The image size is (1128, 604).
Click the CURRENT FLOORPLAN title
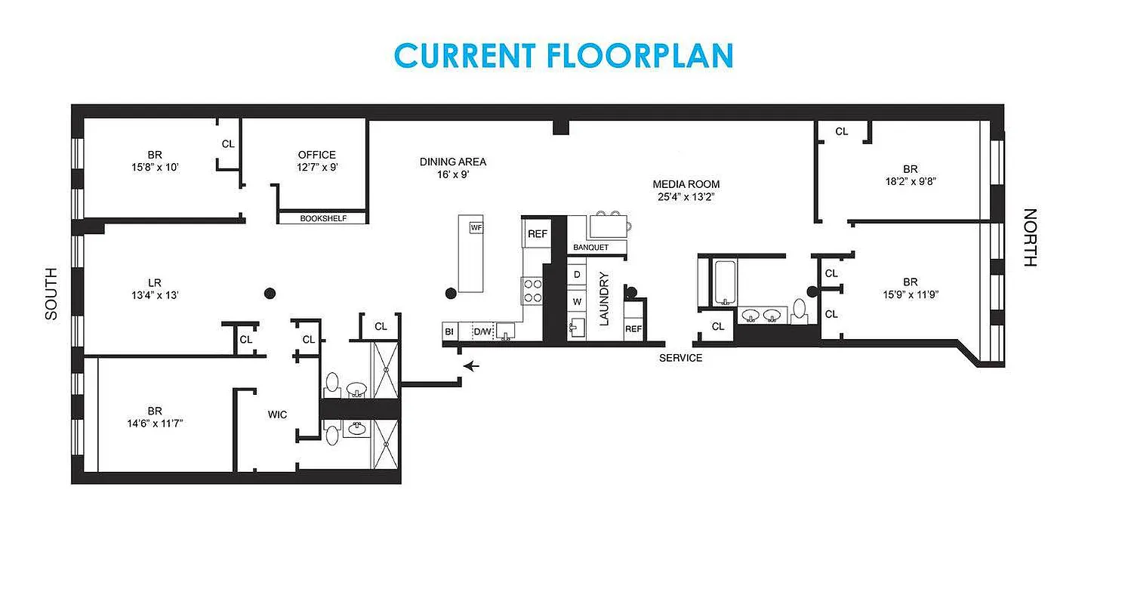click(563, 56)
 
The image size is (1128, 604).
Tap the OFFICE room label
click(316, 155)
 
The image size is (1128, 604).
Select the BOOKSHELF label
click(323, 218)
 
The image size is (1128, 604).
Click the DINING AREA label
click(453, 162)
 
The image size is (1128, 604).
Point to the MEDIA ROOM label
click(686, 184)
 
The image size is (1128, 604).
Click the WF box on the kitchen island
click(476, 227)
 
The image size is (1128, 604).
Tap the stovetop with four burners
click(532, 291)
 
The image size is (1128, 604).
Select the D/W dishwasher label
click(482, 331)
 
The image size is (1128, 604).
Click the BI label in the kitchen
click(449, 331)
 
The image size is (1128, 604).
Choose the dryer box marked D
click(577, 274)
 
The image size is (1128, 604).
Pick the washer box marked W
click(577, 301)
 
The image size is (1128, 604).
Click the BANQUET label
click(590, 248)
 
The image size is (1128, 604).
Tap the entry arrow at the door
click(472, 367)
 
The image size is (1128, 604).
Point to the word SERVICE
click(680, 358)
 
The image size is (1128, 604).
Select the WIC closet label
click(277, 414)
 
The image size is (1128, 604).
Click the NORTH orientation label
click(1030, 238)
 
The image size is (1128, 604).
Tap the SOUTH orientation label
click(51, 294)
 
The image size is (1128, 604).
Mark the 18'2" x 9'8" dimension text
click(910, 181)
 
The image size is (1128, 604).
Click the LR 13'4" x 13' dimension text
click(155, 295)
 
